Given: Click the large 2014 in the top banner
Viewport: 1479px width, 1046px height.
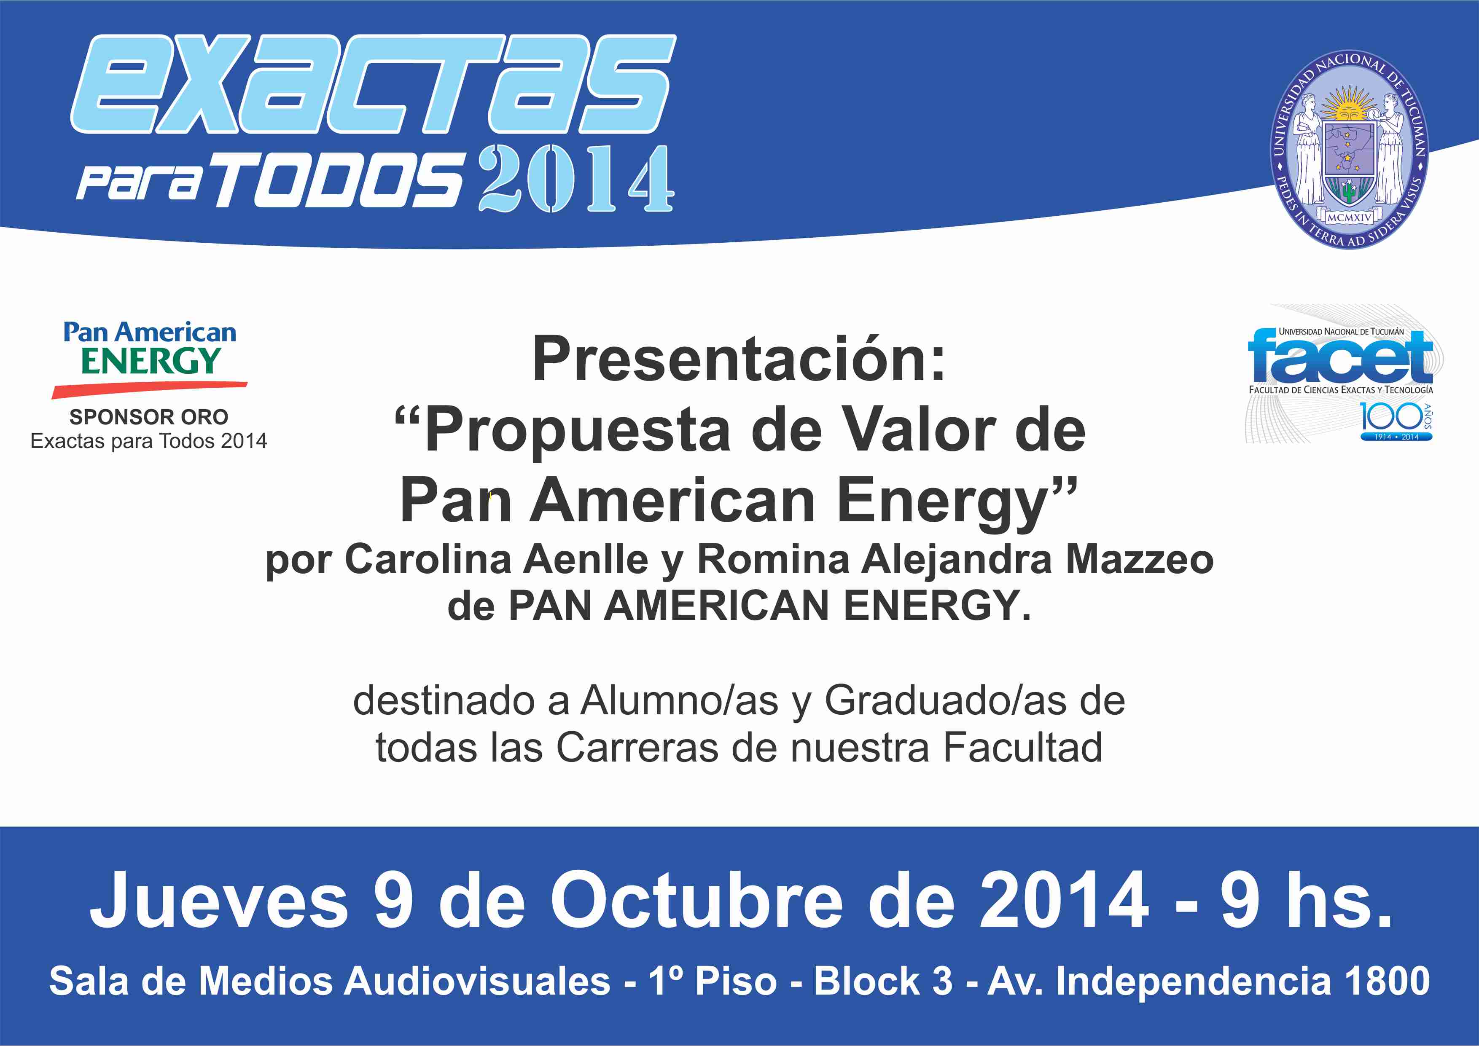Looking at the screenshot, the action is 576,178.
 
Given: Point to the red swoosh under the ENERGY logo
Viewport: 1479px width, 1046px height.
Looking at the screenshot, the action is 149,389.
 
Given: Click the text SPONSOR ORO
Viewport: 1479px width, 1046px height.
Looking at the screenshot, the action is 149,417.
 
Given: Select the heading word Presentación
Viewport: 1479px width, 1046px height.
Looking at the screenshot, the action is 739,359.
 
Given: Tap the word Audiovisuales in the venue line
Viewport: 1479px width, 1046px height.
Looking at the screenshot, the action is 477,981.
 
